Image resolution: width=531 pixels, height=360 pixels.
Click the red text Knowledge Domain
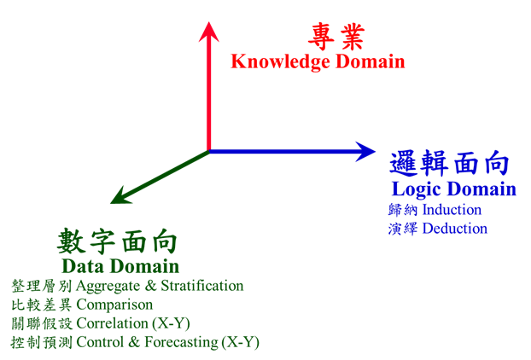click(x=318, y=61)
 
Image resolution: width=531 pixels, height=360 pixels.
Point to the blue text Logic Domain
click(x=453, y=189)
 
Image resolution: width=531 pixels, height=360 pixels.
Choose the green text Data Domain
click(x=120, y=266)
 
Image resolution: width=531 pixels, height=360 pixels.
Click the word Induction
click(x=452, y=209)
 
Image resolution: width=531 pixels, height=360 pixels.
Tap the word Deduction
click(x=455, y=229)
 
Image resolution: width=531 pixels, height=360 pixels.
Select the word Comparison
click(x=115, y=305)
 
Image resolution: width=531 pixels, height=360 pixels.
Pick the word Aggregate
click(x=108, y=286)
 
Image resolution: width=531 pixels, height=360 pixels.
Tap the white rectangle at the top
click(x=271, y=26)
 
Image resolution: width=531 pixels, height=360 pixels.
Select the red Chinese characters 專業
click(x=336, y=38)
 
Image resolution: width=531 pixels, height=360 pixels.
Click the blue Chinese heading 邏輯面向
click(x=449, y=162)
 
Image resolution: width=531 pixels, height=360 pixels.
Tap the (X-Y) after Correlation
click(x=171, y=324)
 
